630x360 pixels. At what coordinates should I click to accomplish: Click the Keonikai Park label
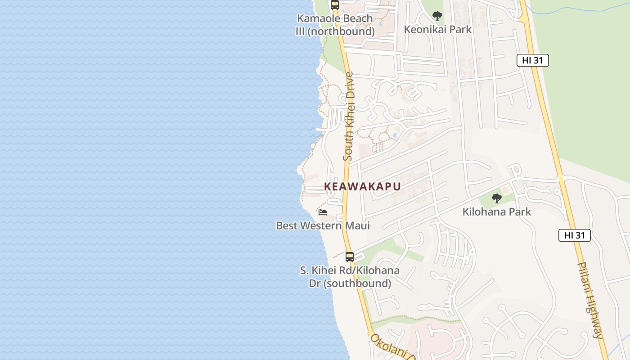pos(437,30)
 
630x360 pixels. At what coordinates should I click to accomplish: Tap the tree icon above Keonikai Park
pos(437,17)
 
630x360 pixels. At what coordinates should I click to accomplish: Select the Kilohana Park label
pos(497,211)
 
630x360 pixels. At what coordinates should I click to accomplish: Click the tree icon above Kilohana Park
pos(496,198)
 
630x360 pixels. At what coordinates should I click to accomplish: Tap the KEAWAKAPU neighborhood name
pos(362,186)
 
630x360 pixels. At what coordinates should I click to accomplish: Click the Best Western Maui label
pos(323,225)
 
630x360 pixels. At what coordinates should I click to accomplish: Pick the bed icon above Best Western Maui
pos(323,212)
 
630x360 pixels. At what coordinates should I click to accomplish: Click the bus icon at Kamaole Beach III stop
pos(334,5)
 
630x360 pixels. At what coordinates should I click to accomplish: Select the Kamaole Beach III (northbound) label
pos(335,25)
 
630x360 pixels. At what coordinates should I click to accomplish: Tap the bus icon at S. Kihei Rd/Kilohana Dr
pos(350,257)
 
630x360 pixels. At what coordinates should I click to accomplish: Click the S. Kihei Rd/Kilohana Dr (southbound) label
pos(350,277)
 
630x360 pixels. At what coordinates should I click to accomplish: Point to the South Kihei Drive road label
pos(348,117)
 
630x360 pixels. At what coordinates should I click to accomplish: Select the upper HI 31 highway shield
pos(532,61)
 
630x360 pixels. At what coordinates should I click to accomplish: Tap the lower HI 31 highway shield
pos(574,235)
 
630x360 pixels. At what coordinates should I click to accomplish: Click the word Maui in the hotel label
pos(357,225)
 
